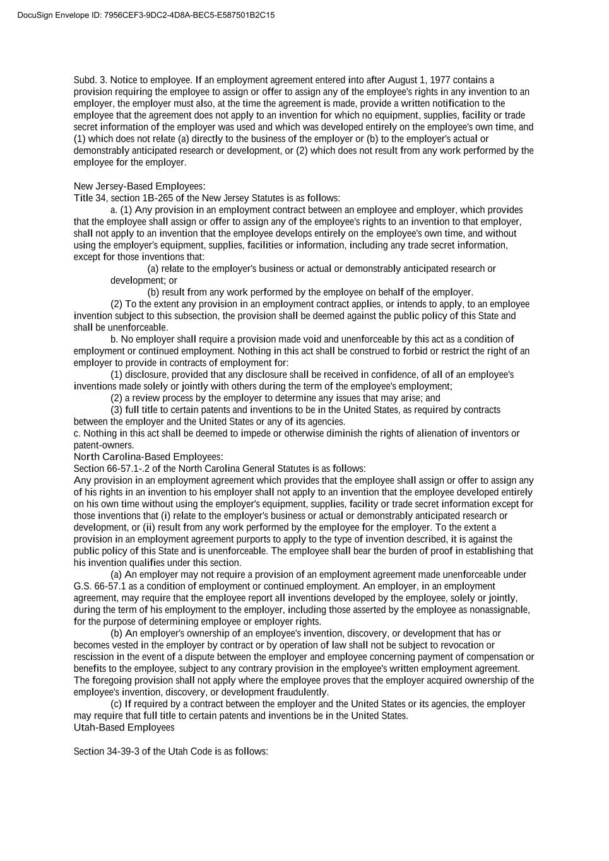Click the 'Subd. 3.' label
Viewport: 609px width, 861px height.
pyautogui.click(x=90, y=80)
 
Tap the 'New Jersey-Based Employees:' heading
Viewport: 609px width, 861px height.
pyautogui.click(x=139, y=186)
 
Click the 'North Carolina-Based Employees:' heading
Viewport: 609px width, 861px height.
pyautogui.click(x=148, y=457)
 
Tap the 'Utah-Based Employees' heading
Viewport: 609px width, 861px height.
pyautogui.click(x=124, y=727)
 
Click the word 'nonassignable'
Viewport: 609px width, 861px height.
pyautogui.click(x=502, y=610)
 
